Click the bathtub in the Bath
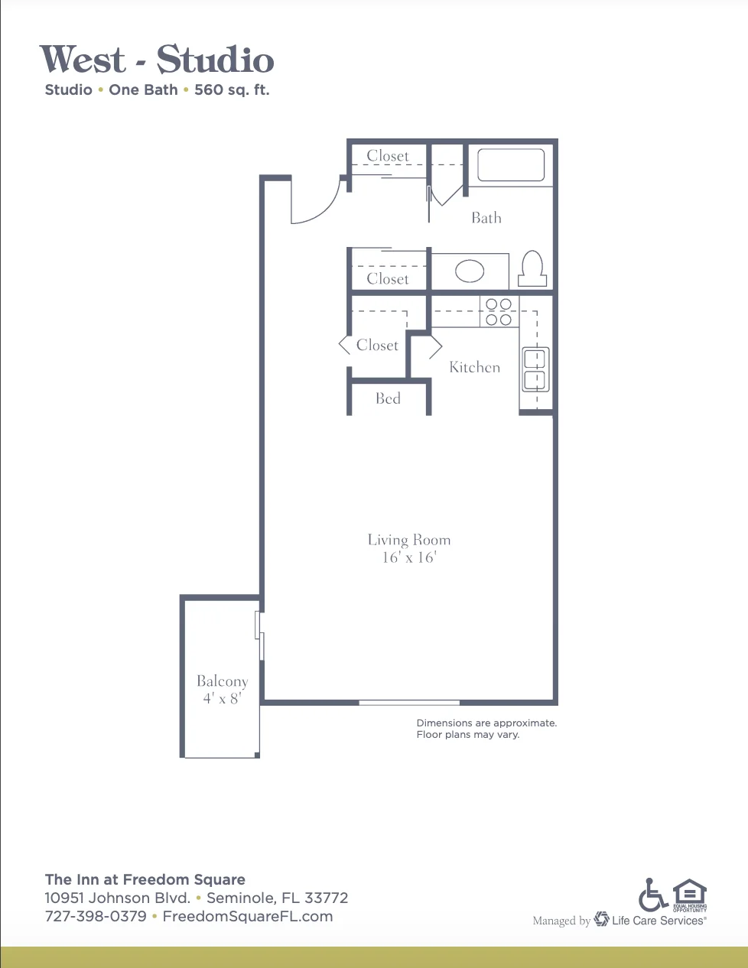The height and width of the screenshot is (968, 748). [511, 165]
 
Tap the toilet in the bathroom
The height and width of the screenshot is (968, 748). [532, 268]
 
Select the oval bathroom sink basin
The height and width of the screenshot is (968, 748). [470, 271]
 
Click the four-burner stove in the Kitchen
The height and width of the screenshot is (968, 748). [499, 312]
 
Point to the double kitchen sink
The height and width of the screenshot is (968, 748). [535, 369]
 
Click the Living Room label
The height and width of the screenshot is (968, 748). [409, 540]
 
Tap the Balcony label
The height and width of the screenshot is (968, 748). [223, 681]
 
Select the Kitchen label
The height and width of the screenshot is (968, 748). [474, 367]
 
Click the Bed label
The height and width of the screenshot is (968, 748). [388, 398]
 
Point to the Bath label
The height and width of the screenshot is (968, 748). [486, 218]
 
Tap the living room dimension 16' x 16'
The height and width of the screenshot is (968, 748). [409, 557]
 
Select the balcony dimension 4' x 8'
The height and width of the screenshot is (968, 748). [223, 698]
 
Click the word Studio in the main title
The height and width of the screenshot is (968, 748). [215, 59]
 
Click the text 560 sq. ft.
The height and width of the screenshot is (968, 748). [232, 90]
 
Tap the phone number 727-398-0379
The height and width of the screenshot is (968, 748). [96, 916]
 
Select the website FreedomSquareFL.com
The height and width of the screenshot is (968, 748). [248, 916]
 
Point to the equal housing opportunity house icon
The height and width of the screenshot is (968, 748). [690, 893]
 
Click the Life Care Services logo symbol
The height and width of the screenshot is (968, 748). [601, 919]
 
